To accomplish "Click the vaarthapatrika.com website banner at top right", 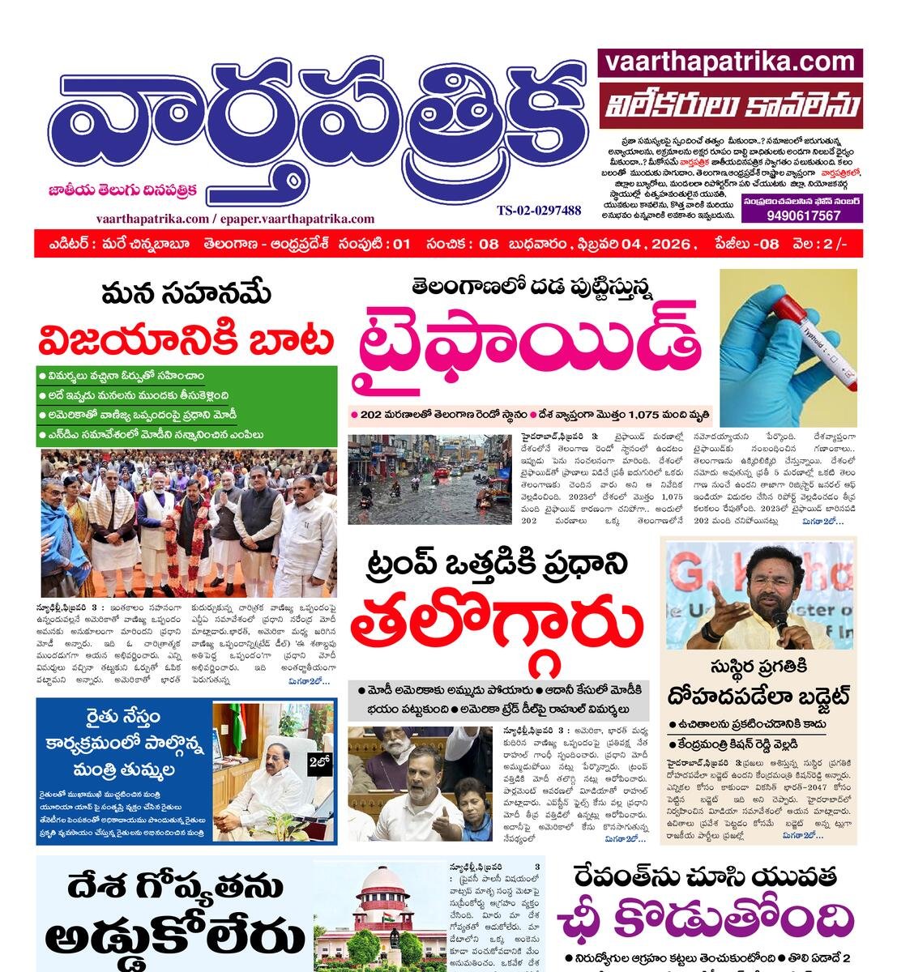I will (x=730, y=62).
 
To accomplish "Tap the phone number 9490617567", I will (x=802, y=215).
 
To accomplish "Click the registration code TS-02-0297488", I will (x=539, y=211).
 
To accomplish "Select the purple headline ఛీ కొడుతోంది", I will (x=705, y=921).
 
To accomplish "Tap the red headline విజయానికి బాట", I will (x=186, y=340).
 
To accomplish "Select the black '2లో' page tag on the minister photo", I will (x=318, y=761).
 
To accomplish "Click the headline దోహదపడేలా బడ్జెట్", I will (x=758, y=695).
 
